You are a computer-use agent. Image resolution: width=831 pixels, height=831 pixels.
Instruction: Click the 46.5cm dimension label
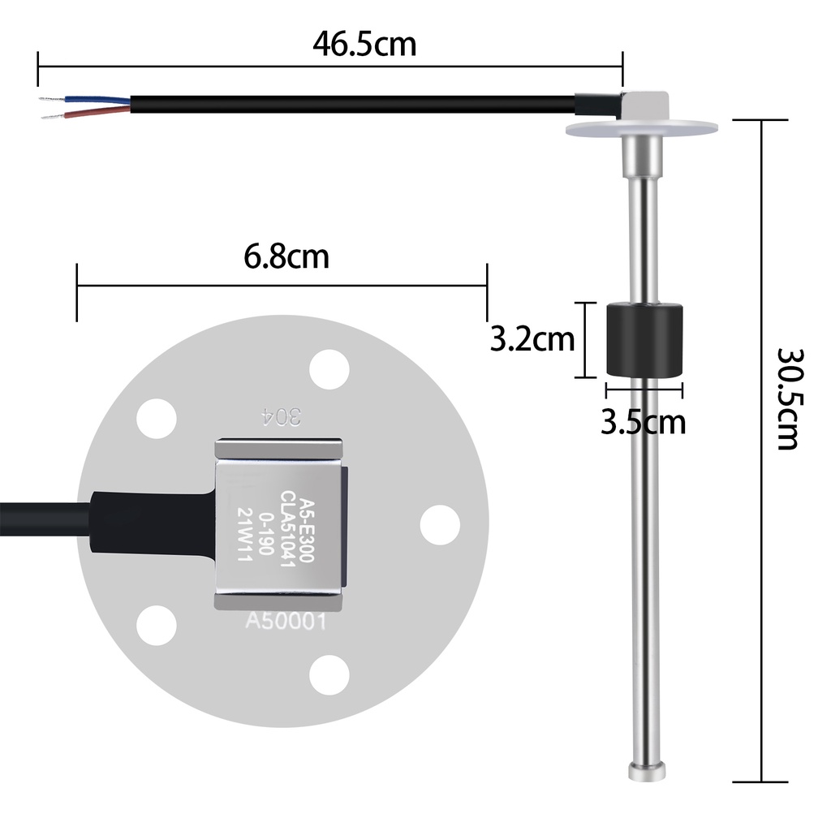tap(364, 44)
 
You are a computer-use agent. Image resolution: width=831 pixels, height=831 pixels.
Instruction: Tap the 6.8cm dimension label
tap(286, 256)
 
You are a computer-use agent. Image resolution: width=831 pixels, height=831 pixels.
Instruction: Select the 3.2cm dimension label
tap(532, 339)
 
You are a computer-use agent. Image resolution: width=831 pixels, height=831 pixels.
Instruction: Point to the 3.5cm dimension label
tap(643, 422)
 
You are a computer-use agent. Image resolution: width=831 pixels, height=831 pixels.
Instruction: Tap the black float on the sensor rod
tap(644, 340)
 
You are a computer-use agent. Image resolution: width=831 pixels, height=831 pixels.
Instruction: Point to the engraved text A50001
tap(286, 621)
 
